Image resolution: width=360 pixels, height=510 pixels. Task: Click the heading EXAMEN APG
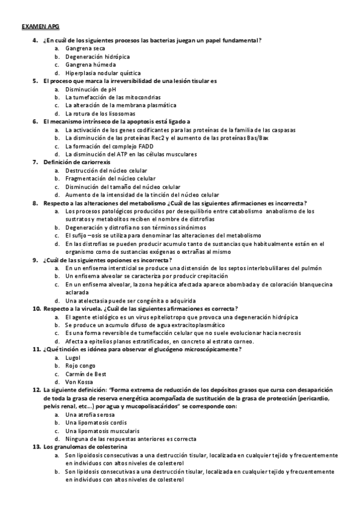(36, 28)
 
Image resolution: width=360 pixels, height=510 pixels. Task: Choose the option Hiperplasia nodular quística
(103, 72)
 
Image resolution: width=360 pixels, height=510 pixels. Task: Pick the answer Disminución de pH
(90, 88)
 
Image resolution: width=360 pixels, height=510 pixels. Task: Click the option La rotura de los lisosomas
(100, 113)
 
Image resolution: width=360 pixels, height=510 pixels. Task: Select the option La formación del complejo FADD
(106, 146)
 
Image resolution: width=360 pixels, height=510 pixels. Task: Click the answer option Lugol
(73, 357)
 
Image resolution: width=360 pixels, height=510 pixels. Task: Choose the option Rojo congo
(80, 365)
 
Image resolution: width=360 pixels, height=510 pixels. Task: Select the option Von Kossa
(80, 382)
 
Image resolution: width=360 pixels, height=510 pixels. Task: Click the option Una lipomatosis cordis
(96, 423)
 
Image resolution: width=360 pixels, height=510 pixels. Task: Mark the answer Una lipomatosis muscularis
(102, 431)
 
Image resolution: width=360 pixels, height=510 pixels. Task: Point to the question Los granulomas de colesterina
(85, 447)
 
